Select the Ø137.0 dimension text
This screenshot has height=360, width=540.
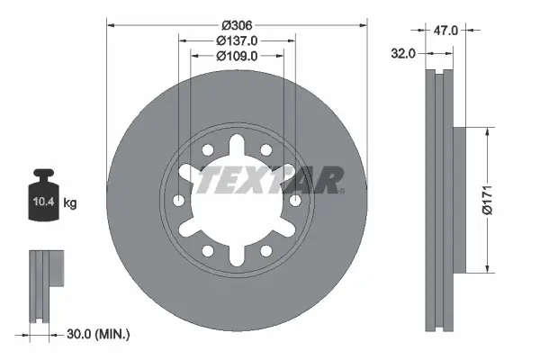tap(238, 40)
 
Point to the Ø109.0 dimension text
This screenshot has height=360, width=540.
tap(238, 56)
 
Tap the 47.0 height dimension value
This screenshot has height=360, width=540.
tap(445, 30)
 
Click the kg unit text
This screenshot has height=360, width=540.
tap(70, 203)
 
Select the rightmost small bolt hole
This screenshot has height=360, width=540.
tap(295, 200)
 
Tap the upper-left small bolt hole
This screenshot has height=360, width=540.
tap(209, 150)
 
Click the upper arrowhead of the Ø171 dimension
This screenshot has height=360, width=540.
tap(487, 130)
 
